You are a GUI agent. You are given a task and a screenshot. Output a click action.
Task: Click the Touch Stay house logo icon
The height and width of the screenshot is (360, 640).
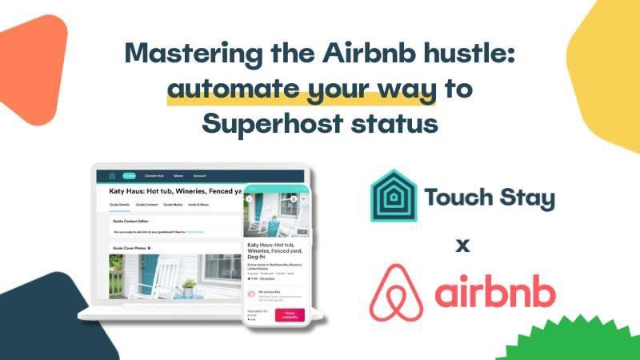click(x=394, y=196)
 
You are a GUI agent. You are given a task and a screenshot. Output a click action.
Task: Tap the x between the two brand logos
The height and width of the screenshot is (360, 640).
click(x=462, y=245)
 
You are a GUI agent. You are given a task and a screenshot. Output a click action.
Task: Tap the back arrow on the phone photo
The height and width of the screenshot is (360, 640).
click(x=250, y=198)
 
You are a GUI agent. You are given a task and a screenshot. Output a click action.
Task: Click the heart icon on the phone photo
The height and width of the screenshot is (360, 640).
click(x=294, y=198)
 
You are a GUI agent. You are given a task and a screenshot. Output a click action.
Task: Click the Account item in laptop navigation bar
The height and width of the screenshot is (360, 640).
click(x=199, y=175)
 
